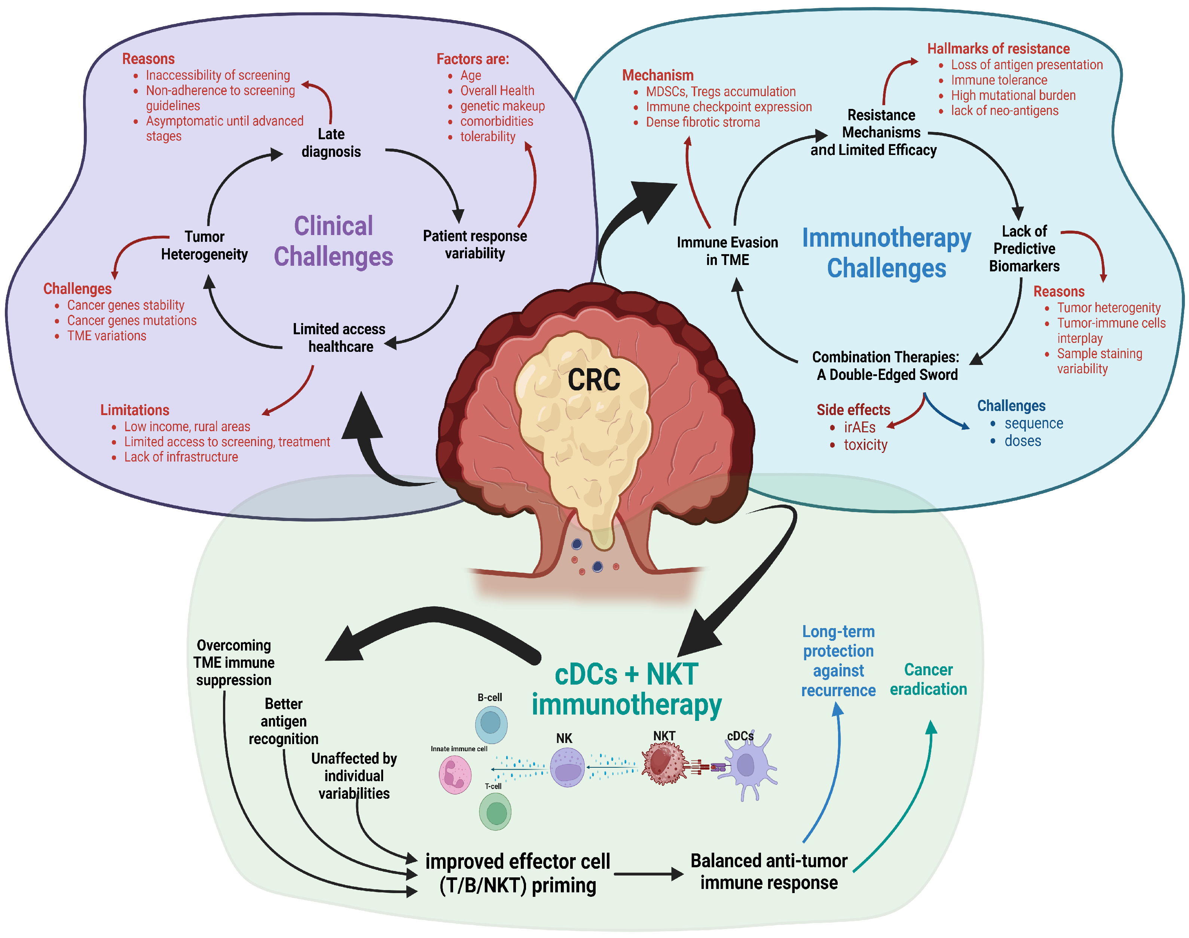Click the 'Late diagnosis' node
point(331,143)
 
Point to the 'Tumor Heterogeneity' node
point(204,246)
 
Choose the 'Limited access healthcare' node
point(339,338)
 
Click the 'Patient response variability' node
point(474,244)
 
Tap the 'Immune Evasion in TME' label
point(727,251)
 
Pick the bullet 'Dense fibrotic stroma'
point(702,122)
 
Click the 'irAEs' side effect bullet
point(859,427)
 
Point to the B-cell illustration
point(491,724)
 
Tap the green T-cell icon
point(495,812)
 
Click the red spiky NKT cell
point(664,763)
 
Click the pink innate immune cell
point(455,774)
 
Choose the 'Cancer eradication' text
point(928,679)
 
